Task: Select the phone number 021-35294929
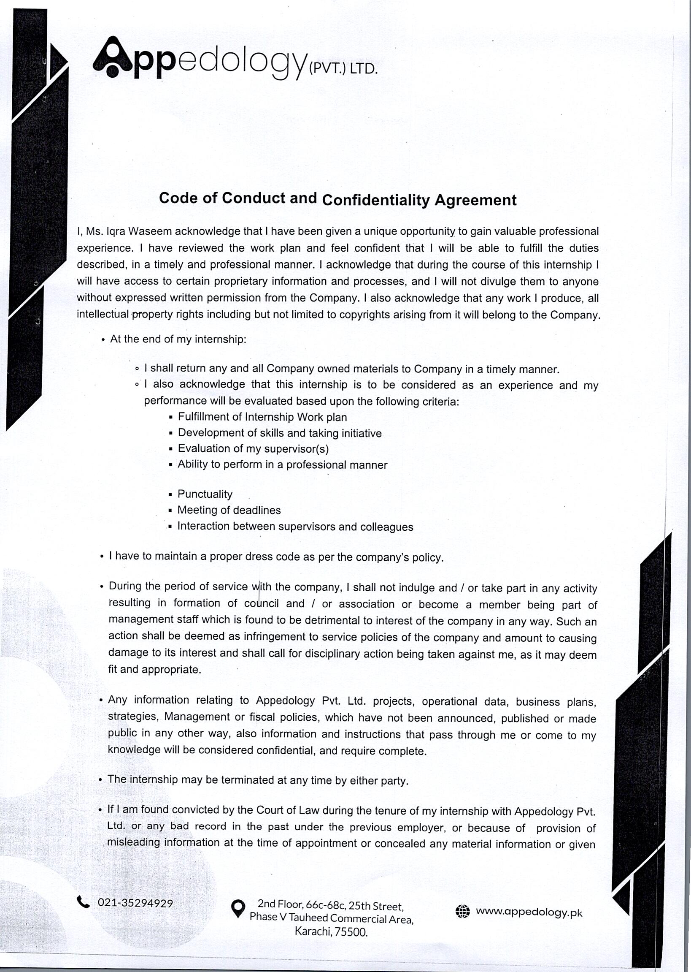135,903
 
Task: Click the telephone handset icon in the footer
83,902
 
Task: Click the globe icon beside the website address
462,912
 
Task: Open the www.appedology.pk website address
529,912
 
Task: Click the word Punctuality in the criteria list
205,494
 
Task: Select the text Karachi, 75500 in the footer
331,932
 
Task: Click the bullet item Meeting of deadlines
229,510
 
